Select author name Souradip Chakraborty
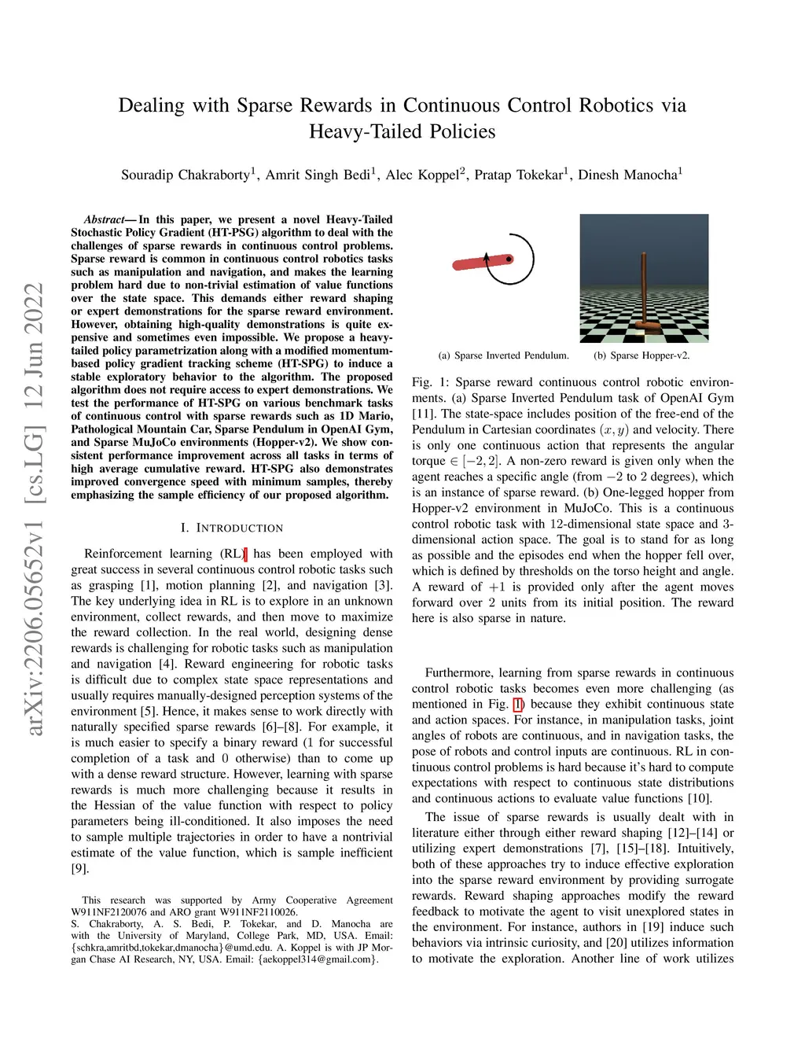tap(186, 175)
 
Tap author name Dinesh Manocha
tap(627, 175)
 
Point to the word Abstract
tap(104, 219)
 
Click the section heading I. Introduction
tap(232, 528)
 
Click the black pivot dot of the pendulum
tap(509, 259)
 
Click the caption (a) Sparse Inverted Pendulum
tap(504, 355)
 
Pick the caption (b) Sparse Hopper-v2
tap(641, 355)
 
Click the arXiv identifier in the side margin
tap(34, 511)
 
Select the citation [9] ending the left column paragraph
tap(80, 868)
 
